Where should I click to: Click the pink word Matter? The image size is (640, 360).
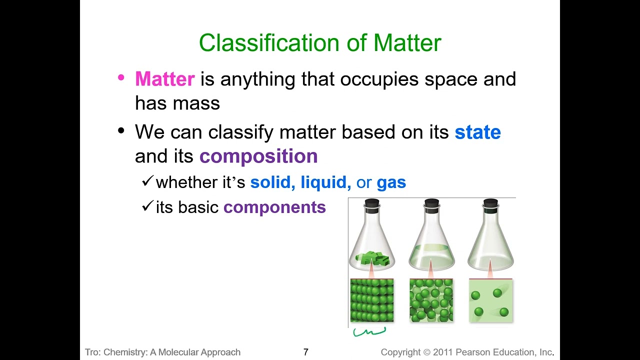[164, 79]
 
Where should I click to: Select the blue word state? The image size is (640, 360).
[477, 132]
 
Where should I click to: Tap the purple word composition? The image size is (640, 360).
[258, 156]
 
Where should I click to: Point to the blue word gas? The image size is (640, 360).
[391, 182]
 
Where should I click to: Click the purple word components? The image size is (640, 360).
[274, 207]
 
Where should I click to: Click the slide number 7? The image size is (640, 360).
[306, 352]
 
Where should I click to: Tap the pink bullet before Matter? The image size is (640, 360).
[120, 78]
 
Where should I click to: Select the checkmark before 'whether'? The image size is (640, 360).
[146, 181]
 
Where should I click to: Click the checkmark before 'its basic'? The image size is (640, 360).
[146, 206]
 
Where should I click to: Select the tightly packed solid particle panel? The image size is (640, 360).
[372, 300]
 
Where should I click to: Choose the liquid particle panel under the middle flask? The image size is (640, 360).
[431, 300]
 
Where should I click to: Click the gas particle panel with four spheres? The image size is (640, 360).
[490, 300]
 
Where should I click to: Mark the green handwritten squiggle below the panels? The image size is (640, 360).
[369, 331]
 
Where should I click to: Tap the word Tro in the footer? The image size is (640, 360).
[92, 352]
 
